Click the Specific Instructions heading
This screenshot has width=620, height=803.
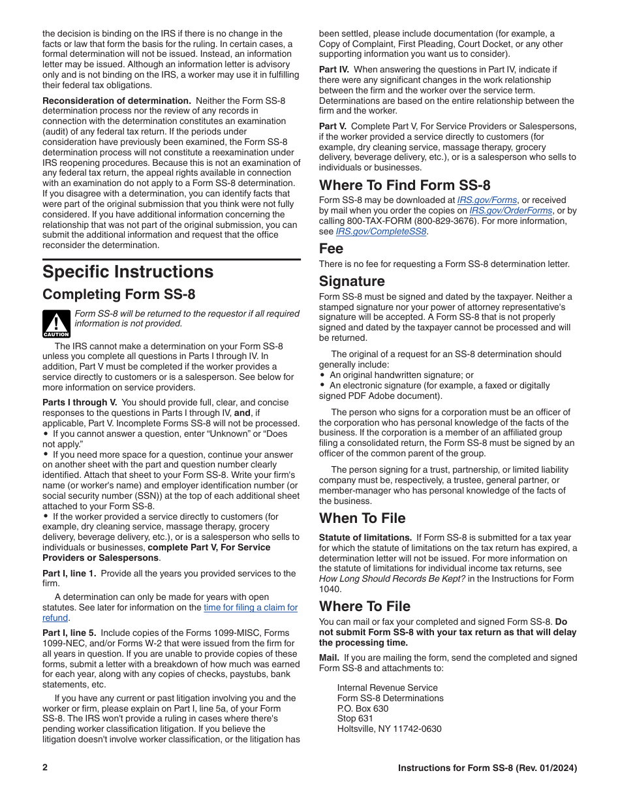128,272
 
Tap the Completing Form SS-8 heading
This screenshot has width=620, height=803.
119,294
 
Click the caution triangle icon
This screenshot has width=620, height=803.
56,324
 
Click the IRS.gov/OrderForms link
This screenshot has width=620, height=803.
511,211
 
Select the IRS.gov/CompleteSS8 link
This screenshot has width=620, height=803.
381,232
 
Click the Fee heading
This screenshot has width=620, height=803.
331,249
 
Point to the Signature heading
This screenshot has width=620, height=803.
352,281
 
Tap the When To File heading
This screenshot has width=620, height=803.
362,518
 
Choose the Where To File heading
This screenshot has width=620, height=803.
365,606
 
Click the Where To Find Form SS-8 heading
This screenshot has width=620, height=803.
405,185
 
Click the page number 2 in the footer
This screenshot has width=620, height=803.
45,768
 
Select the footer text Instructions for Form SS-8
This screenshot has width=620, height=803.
488,768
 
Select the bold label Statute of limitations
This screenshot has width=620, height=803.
365,538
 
